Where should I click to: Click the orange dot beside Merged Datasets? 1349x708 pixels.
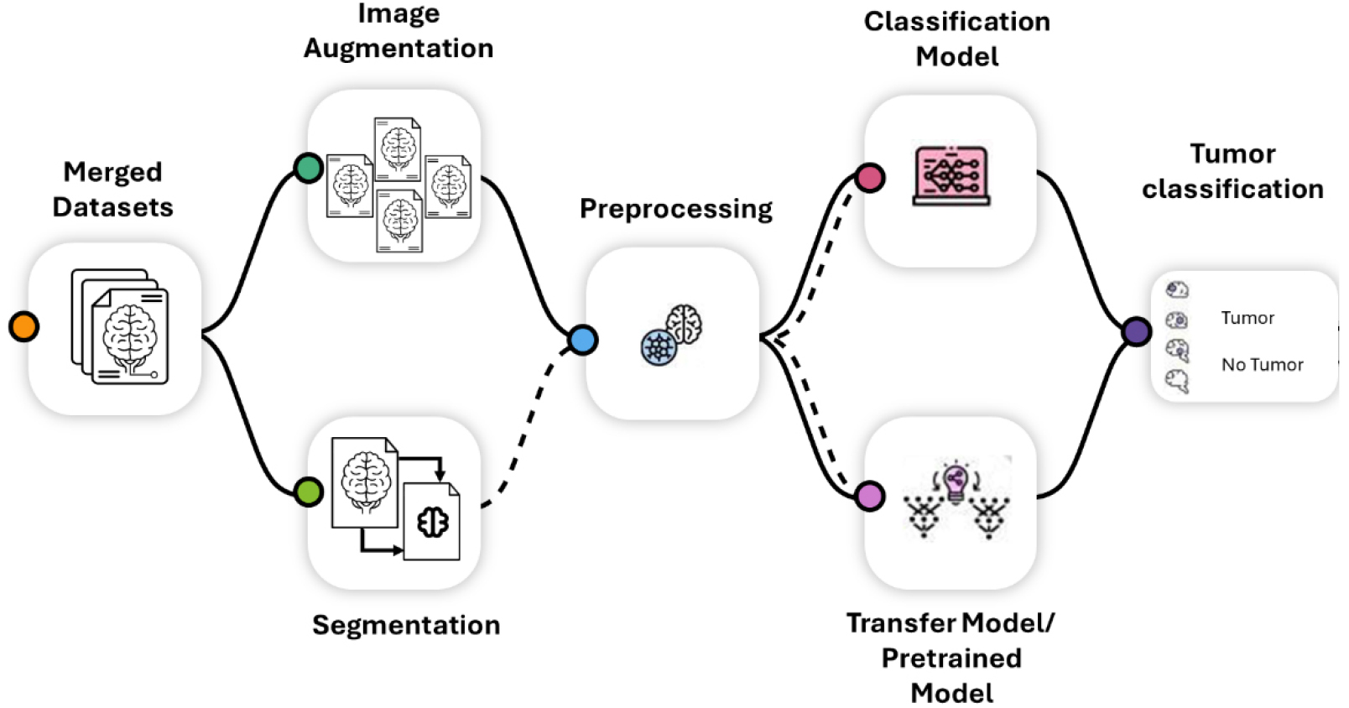pos(23,326)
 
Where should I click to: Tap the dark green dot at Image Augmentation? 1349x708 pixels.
pos(309,168)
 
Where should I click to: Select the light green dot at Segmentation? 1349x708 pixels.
pos(309,492)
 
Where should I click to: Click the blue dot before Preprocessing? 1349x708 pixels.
pos(582,340)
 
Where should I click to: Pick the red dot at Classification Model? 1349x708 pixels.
pos(870,178)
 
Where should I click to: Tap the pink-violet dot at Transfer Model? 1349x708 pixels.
pos(870,496)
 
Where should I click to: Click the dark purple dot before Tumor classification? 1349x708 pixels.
pos(1137,331)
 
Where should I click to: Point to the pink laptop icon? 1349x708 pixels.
pos(951,176)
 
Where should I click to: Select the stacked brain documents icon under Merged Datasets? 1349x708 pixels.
pos(120,326)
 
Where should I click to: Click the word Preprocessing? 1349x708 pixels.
pos(676,209)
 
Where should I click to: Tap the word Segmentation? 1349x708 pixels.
pos(406,625)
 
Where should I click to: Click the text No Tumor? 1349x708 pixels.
pos(1262,365)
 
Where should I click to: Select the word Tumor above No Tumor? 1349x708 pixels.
pos(1247,318)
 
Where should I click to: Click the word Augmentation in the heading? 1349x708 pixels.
pos(398,49)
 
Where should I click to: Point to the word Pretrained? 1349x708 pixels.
pos(951,659)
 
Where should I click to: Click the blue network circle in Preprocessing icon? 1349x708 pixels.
pos(659,346)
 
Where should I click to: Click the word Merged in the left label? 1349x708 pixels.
pos(112,172)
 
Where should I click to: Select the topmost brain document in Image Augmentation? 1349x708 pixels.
pos(398,148)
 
